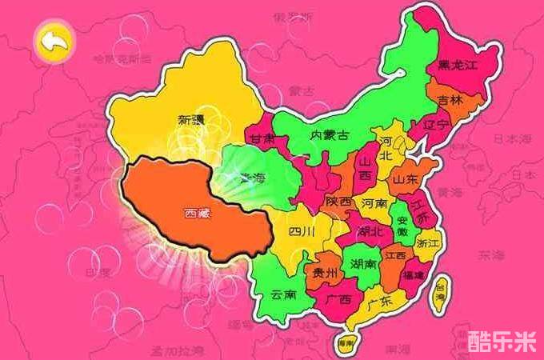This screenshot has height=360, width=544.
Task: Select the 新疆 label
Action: point(191,120)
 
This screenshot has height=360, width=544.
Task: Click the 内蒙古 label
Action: point(329,135)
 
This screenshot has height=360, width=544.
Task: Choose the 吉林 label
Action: point(450,102)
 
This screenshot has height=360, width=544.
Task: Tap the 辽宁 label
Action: point(437,124)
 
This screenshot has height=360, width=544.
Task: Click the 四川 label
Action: point(302,233)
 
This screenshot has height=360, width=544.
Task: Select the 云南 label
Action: point(284,294)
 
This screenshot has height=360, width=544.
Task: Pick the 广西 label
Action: point(339,298)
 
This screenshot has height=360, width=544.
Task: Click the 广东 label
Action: point(381,302)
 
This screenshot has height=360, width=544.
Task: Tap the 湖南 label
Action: point(364,263)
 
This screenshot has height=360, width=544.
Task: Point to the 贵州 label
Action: point(324,273)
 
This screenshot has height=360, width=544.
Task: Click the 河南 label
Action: point(374,204)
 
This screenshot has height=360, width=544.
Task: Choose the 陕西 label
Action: point(338,202)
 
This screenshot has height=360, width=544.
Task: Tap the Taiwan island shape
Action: point(439,294)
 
